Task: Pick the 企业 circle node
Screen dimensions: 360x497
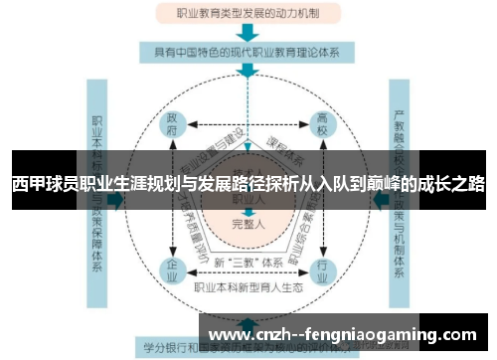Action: [x=174, y=270]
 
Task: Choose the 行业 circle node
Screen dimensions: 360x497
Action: [x=321, y=270]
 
